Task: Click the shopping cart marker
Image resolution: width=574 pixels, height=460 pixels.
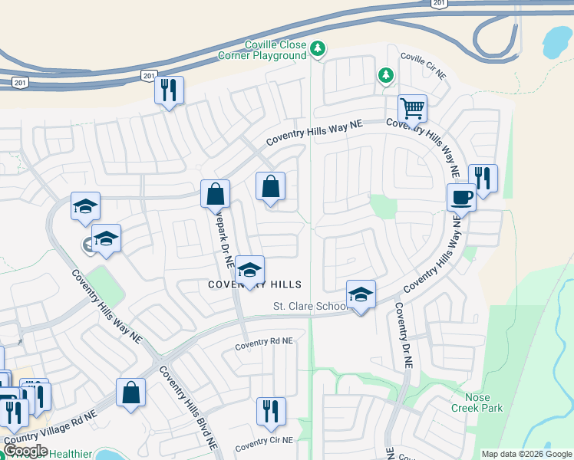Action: pos(412,109)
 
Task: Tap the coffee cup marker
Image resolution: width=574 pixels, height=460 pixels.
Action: pos(461,197)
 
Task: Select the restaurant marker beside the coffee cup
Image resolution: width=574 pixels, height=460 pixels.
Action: pos(483,179)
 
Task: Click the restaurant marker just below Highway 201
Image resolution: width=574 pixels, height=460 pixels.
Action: pos(169,90)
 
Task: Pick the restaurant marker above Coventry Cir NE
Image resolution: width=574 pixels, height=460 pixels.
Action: pos(270,411)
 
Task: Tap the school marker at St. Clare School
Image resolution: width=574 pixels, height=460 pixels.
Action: pos(361,294)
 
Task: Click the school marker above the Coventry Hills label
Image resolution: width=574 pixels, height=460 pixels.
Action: pos(249,270)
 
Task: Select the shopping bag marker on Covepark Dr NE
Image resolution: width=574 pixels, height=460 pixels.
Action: pos(216,194)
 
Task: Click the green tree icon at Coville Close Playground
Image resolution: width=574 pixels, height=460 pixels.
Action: pos(318,51)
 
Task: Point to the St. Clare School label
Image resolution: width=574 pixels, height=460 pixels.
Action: pos(311,307)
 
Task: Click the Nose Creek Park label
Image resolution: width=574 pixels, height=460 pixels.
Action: pos(483,402)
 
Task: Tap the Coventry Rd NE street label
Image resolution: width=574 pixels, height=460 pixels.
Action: pos(264,341)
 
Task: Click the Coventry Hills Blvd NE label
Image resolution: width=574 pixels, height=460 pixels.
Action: pos(188,406)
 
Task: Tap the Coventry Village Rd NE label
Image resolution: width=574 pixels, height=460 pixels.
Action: pos(51,429)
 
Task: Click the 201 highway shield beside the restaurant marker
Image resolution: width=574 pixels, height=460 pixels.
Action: pos(149,74)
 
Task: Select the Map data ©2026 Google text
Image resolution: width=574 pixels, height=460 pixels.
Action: pos(526,454)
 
